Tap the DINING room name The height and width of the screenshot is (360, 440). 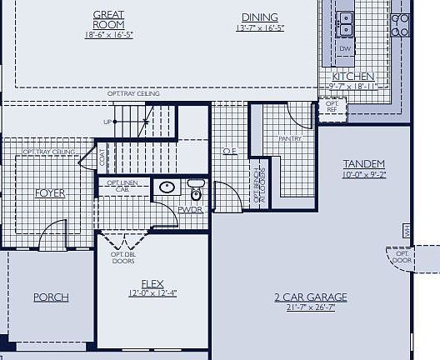coord(260,17)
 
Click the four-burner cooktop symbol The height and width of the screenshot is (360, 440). coord(402,25)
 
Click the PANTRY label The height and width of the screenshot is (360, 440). coord(290,139)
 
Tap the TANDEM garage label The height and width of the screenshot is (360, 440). coord(363,164)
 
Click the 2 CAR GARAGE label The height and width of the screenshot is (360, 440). coord(310,297)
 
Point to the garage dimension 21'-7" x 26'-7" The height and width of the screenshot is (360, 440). coord(310,307)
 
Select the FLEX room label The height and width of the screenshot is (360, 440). coord(152,282)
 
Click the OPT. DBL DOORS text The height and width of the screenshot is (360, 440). coord(123,257)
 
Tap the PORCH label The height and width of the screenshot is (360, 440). coord(51,297)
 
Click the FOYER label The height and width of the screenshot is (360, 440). coord(49,193)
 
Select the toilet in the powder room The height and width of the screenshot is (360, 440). coord(196,191)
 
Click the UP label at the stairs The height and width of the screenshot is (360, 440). coord(107,122)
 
